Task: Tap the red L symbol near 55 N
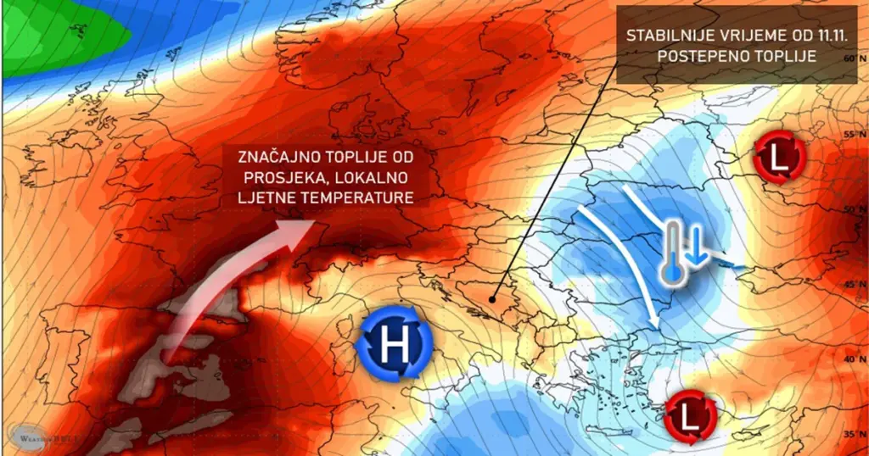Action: click(x=778, y=157)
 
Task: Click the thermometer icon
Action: click(x=673, y=252)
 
